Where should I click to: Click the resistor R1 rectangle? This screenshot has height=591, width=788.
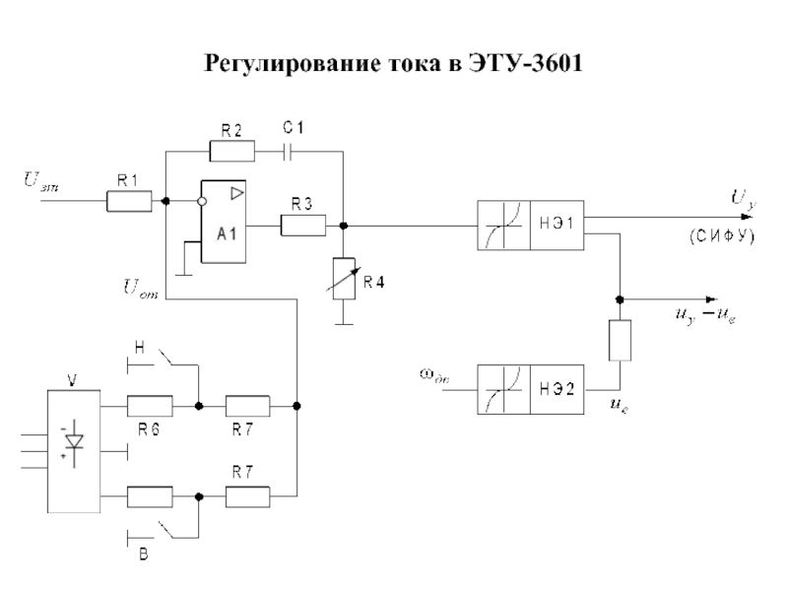tap(128, 202)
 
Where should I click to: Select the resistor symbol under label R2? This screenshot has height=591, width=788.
tap(232, 151)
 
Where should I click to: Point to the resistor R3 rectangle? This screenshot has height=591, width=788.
tap(302, 226)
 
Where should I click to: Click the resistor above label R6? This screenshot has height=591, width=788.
tap(150, 405)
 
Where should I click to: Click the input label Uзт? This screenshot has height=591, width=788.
tap(40, 180)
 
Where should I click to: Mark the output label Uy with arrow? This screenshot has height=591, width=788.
tap(741, 200)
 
